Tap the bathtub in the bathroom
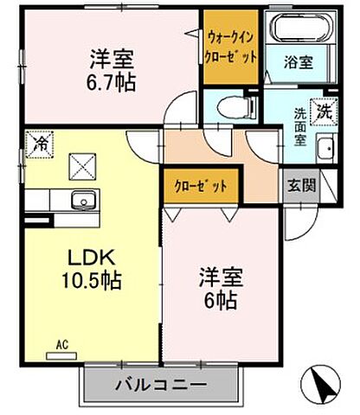301,29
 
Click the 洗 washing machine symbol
323,111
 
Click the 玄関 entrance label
299,185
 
